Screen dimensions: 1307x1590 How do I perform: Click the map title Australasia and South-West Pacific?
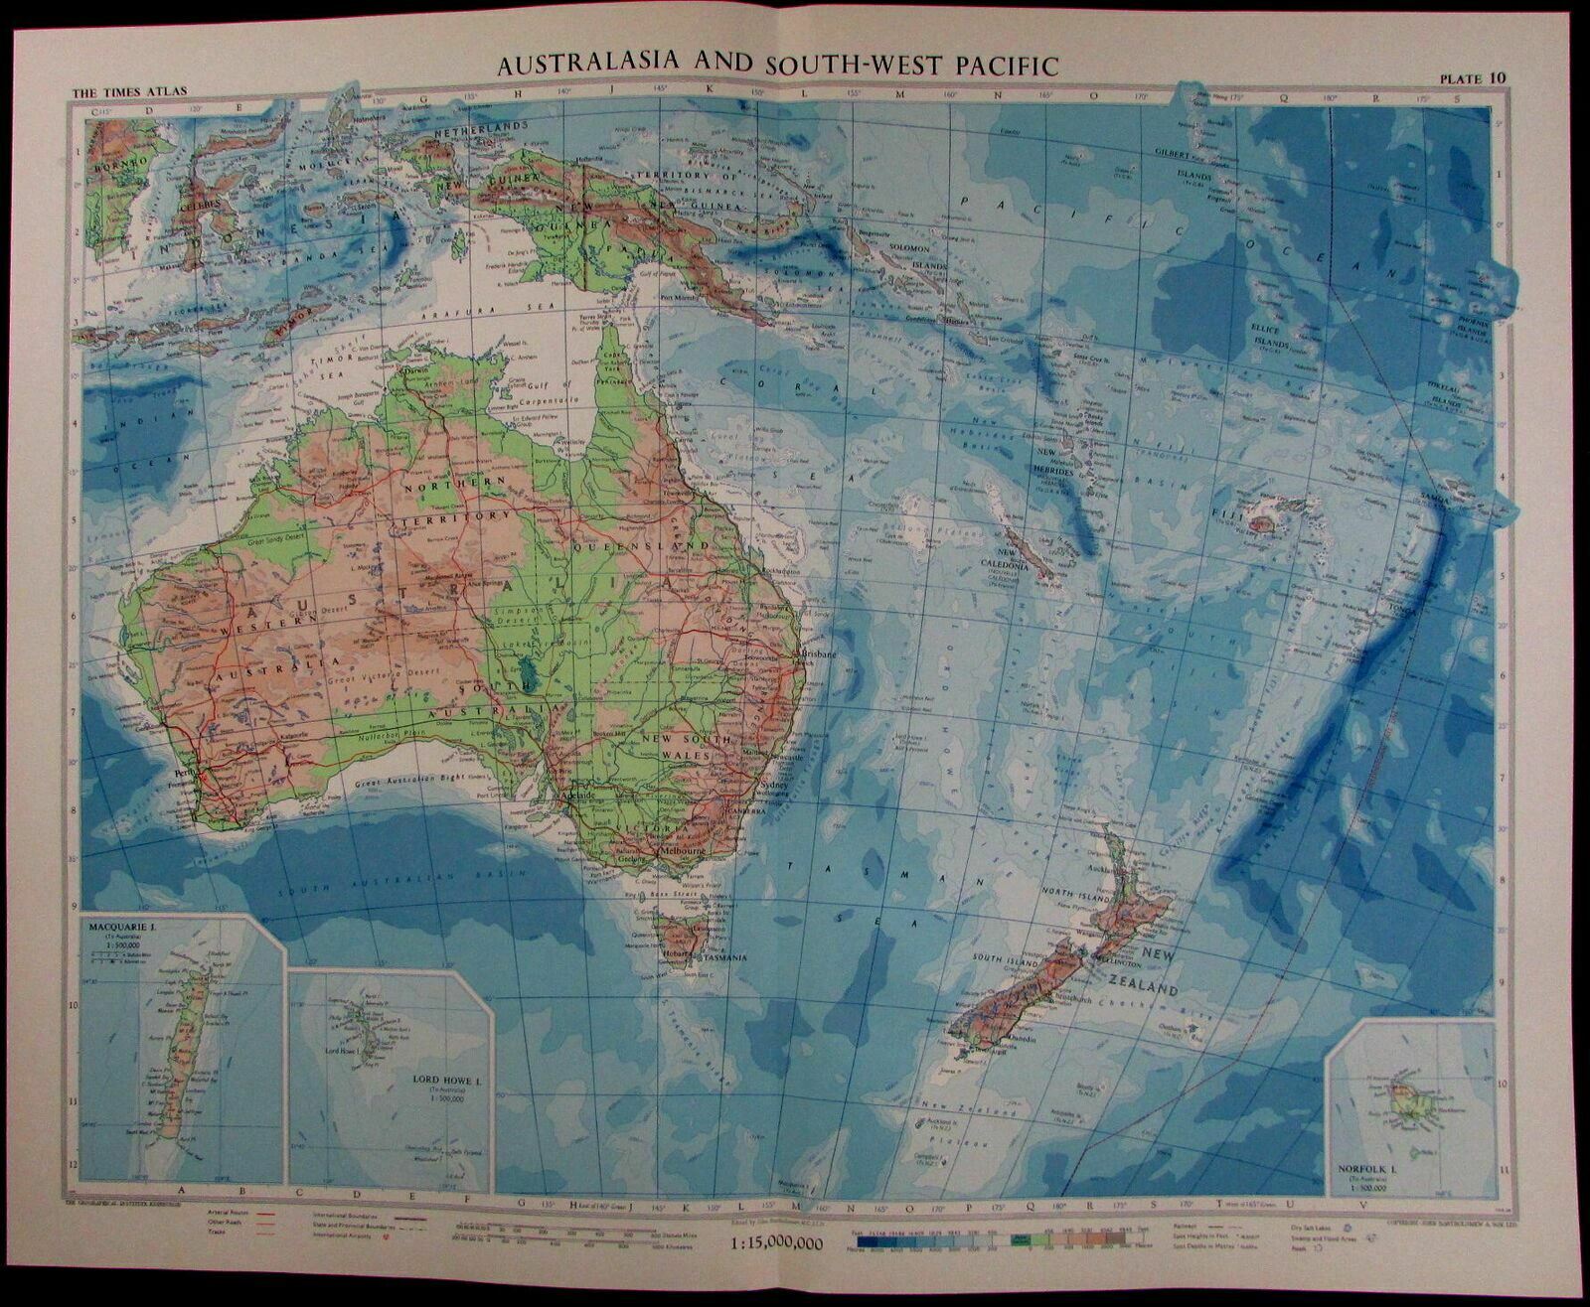pos(777,65)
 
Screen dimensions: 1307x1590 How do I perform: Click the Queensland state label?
pos(651,545)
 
